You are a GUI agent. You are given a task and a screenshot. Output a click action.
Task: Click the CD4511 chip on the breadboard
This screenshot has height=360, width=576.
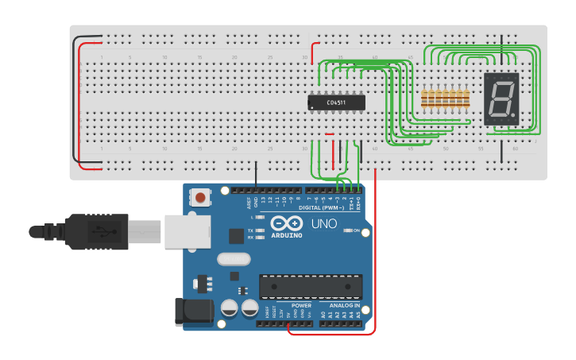[x=336, y=102]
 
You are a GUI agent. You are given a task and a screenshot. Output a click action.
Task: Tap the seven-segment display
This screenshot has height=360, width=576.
[x=501, y=99]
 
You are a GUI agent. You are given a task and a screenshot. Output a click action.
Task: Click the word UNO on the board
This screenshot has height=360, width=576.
[x=323, y=224]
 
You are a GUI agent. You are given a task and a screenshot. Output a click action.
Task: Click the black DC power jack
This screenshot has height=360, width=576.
[x=193, y=311]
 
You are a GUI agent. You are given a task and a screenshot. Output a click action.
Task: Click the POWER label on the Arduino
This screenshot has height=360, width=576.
[x=301, y=305]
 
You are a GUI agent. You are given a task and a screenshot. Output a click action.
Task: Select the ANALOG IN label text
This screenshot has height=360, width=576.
[x=339, y=305]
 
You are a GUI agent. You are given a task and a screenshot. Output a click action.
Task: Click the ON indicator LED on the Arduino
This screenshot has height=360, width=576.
[x=347, y=231]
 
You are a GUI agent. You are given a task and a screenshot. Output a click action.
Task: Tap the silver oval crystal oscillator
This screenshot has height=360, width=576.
[x=233, y=258]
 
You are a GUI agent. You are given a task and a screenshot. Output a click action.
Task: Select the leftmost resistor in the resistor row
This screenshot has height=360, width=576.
[x=424, y=99]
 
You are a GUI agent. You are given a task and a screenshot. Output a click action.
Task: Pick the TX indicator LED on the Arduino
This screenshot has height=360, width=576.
[x=260, y=230]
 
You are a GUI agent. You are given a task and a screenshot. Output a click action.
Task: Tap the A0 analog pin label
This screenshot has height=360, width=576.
[x=323, y=315]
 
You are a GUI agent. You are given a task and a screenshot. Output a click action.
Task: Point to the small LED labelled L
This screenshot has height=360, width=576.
[x=260, y=217]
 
